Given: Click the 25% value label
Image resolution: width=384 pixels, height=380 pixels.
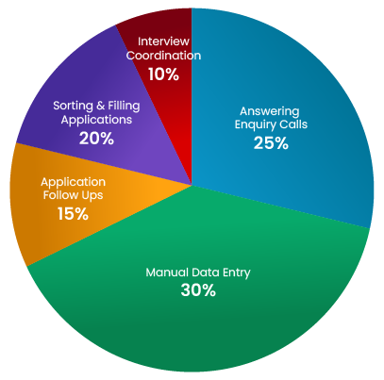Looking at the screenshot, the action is click(x=271, y=143).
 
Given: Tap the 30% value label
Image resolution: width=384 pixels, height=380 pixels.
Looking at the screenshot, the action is click(x=198, y=289).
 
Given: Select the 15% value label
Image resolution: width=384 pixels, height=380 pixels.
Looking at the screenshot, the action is click(x=73, y=214).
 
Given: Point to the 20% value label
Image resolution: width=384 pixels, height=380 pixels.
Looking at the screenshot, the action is click(x=96, y=139).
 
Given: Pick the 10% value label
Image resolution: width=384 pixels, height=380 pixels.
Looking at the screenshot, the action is click(x=163, y=74).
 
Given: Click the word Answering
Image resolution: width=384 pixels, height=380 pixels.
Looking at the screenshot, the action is click(x=270, y=111).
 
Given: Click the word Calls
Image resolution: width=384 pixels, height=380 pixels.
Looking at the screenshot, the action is click(x=293, y=124).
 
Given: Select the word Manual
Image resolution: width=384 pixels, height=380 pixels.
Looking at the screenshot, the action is click(x=167, y=273).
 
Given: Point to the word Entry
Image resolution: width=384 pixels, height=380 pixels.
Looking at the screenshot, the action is click(x=237, y=273).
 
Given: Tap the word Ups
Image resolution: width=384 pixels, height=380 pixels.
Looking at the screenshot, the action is click(x=92, y=195).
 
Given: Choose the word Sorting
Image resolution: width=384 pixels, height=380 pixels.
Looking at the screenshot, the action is click(x=73, y=106).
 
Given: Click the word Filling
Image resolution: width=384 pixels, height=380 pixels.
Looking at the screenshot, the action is click(x=124, y=106).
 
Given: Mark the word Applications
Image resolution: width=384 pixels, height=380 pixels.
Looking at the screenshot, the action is click(x=96, y=121).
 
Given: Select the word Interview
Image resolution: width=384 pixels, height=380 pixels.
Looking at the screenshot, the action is click(x=163, y=41).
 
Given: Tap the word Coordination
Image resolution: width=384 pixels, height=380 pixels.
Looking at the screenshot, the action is click(x=163, y=56).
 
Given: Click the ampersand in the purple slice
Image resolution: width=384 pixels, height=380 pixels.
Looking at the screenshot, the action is click(x=100, y=106).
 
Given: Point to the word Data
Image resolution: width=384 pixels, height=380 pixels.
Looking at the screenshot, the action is click(x=206, y=273).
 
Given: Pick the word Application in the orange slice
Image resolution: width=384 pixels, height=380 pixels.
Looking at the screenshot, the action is click(x=73, y=183).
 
